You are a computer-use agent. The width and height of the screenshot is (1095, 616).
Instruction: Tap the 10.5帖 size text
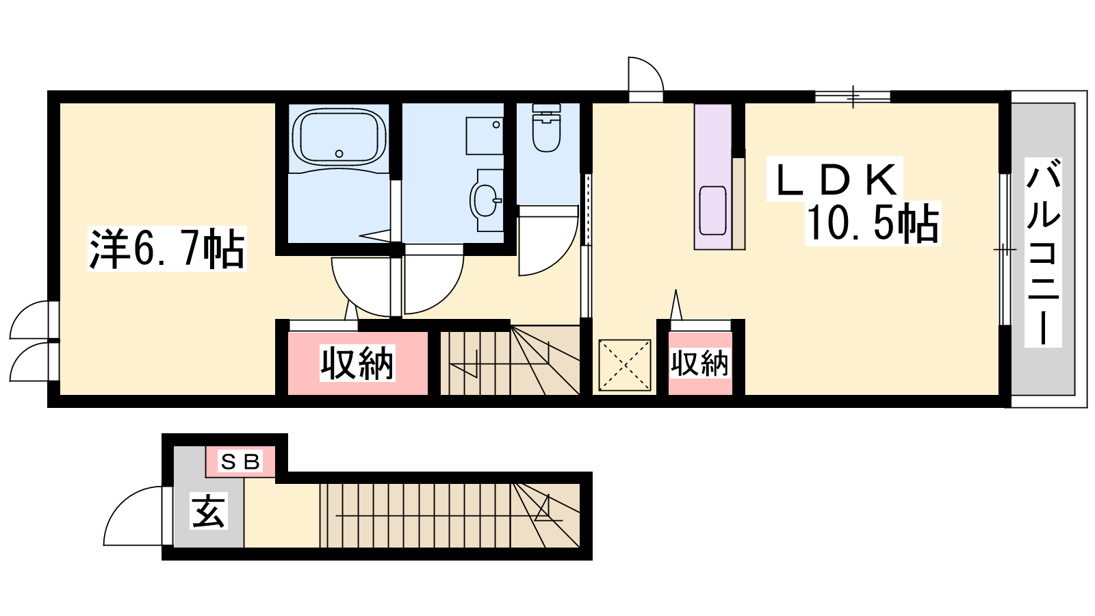(873, 223)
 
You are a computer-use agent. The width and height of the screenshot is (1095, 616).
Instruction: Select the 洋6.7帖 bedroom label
(167, 248)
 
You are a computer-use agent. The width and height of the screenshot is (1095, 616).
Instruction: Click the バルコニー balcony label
(1043, 252)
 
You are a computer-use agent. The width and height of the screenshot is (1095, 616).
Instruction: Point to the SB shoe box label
(240, 461)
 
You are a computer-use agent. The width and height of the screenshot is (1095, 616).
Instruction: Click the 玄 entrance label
(209, 511)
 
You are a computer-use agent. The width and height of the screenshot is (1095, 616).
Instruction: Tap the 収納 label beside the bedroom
(357, 363)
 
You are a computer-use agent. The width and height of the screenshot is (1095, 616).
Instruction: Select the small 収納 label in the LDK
(700, 363)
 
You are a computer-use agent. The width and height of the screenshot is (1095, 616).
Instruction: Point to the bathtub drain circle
(339, 153)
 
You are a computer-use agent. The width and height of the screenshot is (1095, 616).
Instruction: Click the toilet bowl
(547, 128)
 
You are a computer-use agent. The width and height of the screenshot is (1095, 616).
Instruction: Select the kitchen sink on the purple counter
(712, 211)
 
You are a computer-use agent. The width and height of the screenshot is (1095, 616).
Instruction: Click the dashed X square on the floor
(625, 365)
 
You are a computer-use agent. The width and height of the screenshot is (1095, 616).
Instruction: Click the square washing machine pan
(485, 136)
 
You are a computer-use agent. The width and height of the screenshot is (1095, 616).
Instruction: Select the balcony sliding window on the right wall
(1005, 249)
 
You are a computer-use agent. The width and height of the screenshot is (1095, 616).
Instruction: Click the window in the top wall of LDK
(853, 97)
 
